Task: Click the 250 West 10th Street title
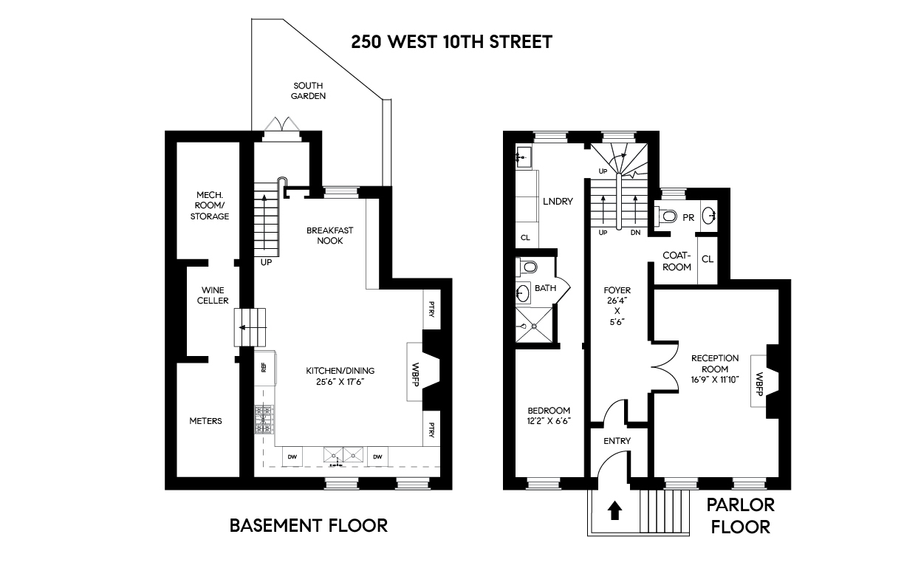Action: pos(451,41)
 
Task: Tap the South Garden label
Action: pos(309,90)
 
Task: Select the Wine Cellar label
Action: pos(209,295)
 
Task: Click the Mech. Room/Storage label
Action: pos(209,205)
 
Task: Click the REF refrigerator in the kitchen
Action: pos(263,366)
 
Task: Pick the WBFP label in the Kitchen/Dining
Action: pos(415,372)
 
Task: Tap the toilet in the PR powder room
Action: pos(667,216)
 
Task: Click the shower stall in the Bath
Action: pos(534,326)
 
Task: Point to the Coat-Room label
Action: pos(676,261)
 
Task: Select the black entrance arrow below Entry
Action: pos(613,511)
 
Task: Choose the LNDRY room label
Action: pos(558,201)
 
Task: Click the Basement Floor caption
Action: pos(308,525)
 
